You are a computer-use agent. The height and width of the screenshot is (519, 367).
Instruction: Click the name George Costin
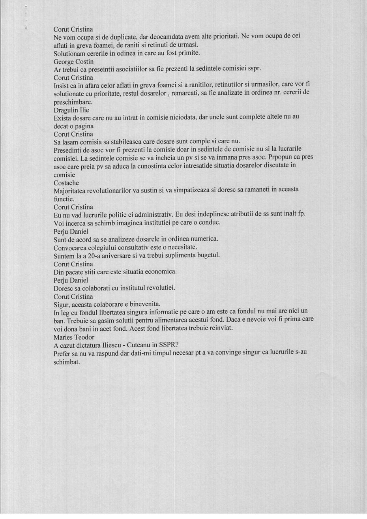[73, 62]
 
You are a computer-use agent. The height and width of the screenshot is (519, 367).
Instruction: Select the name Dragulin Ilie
[71, 110]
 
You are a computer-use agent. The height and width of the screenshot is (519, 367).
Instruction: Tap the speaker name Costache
[66, 183]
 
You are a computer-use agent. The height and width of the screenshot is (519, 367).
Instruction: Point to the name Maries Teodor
[74, 337]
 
